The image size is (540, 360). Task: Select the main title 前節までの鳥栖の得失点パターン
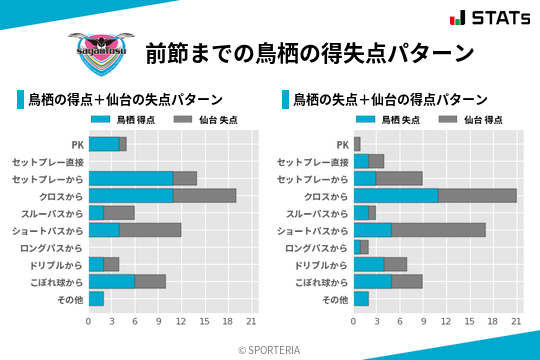click(x=309, y=52)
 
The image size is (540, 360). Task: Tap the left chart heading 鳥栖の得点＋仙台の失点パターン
click(x=125, y=100)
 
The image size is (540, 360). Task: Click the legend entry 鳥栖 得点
click(x=120, y=120)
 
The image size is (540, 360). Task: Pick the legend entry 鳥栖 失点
click(x=385, y=120)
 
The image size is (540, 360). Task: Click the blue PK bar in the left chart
click(x=104, y=144)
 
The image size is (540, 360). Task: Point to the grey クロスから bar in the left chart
click(x=205, y=196)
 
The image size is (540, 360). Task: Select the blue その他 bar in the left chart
click(x=96, y=298)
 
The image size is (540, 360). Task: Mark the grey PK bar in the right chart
click(x=357, y=144)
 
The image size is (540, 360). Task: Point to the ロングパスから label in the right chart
click(x=316, y=247)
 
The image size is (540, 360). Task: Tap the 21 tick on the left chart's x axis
click(x=251, y=321)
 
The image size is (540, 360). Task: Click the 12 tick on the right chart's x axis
click(x=447, y=321)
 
